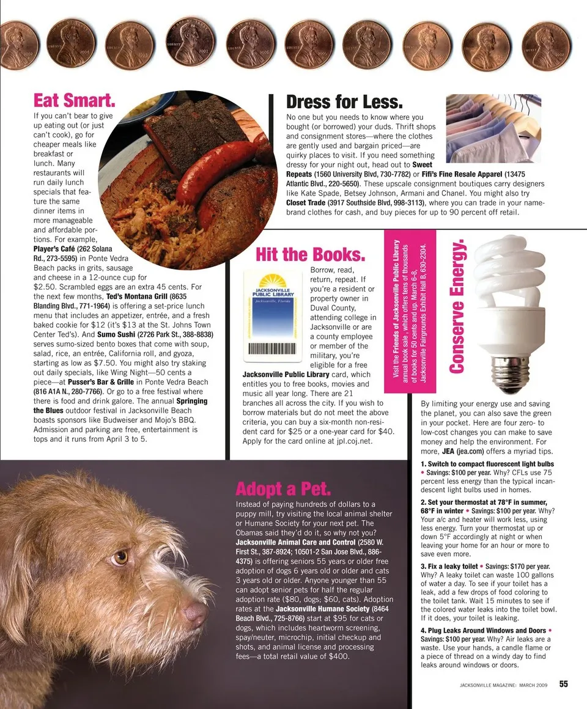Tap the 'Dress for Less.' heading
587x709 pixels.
pos(344,101)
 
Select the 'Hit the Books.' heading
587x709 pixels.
pos(310,254)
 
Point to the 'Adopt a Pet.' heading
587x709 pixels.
pos(283,489)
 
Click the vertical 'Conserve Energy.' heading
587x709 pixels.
pos(457,306)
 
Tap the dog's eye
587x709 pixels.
pos(121,557)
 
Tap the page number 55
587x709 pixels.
pos(563,685)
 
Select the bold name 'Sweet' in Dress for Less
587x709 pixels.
pos(423,165)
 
